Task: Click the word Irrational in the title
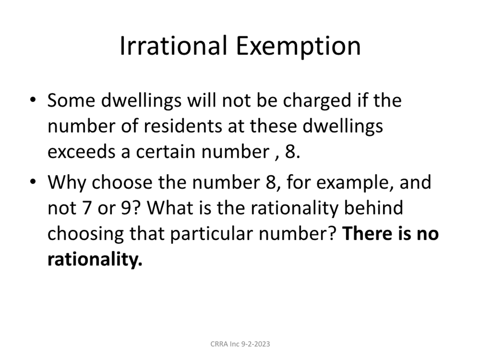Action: pyautogui.click(x=173, y=46)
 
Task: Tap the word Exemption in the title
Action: pyautogui.click(x=298, y=47)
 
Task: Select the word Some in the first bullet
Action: pyautogui.click(x=71, y=100)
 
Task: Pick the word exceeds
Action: pyautogui.click(x=82, y=152)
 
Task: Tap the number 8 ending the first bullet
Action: pyautogui.click(x=290, y=152)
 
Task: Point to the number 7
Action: pyautogui.click(x=87, y=208)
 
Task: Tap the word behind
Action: pyautogui.click(x=374, y=207)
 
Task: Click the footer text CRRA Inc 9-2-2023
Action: pyautogui.click(x=240, y=344)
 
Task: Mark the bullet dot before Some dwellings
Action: pyautogui.click(x=33, y=99)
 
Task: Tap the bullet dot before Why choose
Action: pyautogui.click(x=33, y=181)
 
